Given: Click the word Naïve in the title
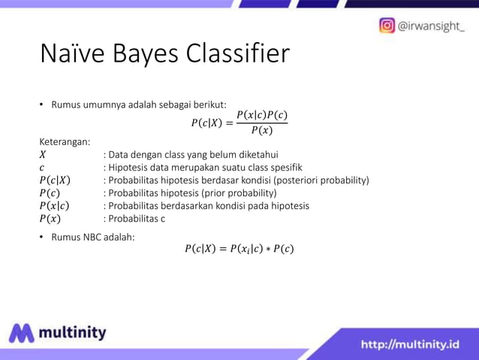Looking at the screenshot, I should point(72,55).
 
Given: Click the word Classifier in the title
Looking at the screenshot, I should point(232,55).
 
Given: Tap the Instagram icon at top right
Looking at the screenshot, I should point(387,26).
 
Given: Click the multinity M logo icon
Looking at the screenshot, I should point(22,333).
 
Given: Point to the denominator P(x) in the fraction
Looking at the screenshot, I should point(261,130).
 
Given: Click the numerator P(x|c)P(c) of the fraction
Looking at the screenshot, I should point(261,116).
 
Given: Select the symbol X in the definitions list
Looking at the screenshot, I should point(43,155).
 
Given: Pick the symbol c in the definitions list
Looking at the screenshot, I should point(42,168).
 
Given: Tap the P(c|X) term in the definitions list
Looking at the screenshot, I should point(55,180).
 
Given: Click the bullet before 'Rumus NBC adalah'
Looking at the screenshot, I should point(42,237).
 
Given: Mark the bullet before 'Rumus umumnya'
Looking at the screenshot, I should point(42,104).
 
